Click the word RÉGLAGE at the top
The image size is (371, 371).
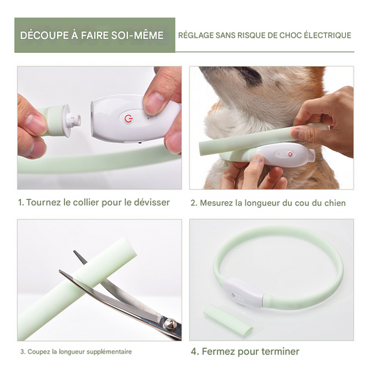tap(196, 35)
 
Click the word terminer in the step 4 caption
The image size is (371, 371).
tap(278, 352)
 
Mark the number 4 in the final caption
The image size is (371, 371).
tap(194, 352)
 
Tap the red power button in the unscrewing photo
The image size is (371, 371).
tap(128, 118)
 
